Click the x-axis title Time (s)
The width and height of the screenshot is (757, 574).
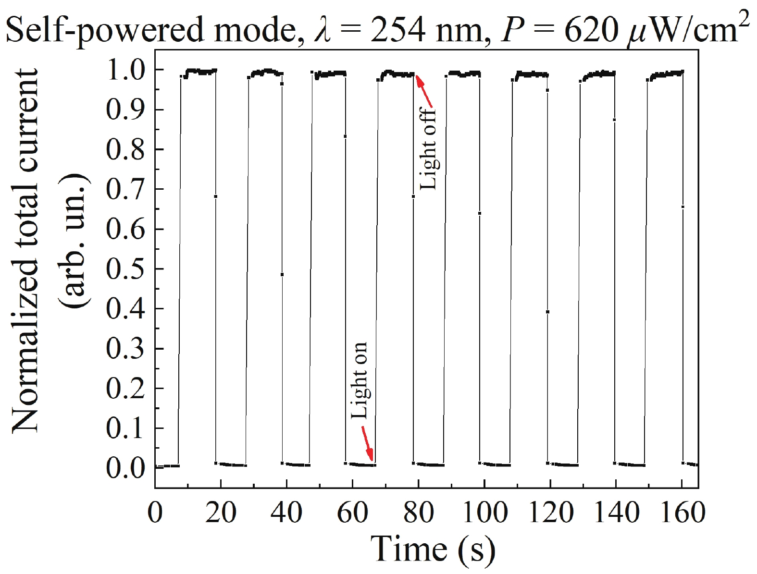click(x=433, y=549)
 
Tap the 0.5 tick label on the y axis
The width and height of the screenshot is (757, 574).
click(x=124, y=269)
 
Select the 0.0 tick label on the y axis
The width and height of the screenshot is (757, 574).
click(x=124, y=467)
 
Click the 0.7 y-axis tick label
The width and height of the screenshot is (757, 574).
click(x=124, y=189)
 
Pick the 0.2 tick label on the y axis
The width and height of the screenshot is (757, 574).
click(x=124, y=388)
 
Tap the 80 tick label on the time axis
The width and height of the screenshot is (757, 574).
click(x=418, y=513)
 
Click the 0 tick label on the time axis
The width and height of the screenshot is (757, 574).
click(x=155, y=513)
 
